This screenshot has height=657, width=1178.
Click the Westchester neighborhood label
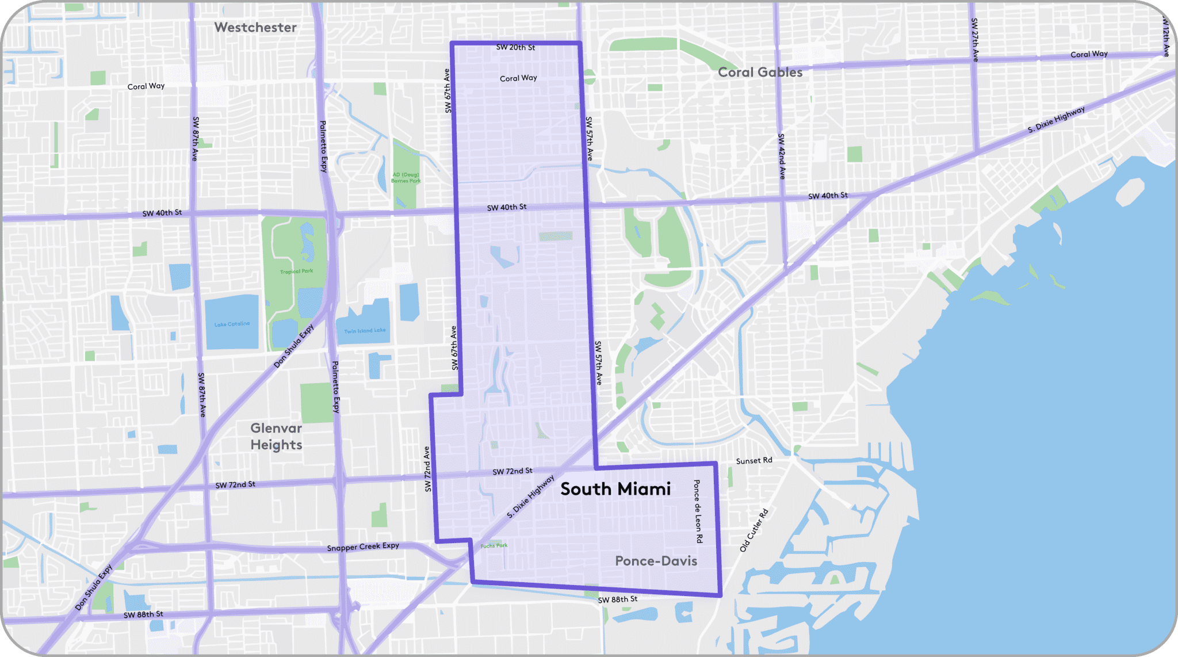(255, 28)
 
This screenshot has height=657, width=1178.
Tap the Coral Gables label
(760, 72)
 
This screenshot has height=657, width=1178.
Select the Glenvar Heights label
(276, 436)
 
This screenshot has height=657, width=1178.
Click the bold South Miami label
(615, 489)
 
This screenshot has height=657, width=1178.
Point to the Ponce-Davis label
(656, 561)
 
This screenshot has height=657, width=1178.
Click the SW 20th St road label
(515, 48)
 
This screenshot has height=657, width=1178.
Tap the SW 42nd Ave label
(781, 156)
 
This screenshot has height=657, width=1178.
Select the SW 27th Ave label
(974, 40)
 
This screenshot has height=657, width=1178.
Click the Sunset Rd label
(754, 461)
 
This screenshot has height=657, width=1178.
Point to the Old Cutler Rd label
(754, 530)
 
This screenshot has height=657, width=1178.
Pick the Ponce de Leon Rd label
(698, 511)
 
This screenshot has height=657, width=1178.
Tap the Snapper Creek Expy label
(363, 547)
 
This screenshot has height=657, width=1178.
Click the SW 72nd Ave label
(427, 469)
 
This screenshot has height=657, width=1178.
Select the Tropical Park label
(296, 271)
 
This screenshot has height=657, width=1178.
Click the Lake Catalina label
(232, 324)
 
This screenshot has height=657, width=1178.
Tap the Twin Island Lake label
(365, 331)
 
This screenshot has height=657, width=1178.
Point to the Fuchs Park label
(494, 545)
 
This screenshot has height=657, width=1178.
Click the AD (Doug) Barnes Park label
(406, 177)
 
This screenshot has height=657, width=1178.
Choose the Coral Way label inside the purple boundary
(518, 78)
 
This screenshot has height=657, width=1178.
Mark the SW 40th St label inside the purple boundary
(507, 207)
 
